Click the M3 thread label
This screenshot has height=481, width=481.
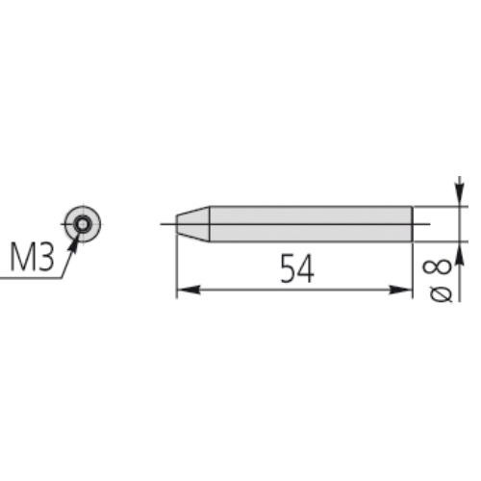tap(32, 257)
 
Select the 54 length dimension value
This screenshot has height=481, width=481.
tap(297, 268)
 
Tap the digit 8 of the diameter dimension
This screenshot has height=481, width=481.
tap(437, 267)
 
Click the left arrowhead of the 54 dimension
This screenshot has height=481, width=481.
tap(189, 290)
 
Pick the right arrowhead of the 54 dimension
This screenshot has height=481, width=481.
tap(400, 290)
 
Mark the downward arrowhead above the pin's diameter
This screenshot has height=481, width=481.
tap(460, 194)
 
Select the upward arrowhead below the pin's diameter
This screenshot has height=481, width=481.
tap(460, 253)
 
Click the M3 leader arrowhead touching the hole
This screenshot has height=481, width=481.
tap(74, 244)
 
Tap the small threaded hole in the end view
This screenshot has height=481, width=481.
tap(83, 224)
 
